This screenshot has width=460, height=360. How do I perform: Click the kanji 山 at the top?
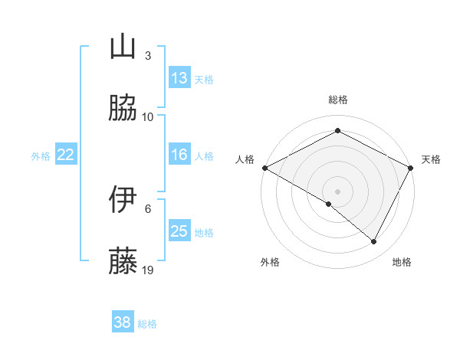click(x=123, y=47)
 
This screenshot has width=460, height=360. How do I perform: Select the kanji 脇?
click(x=123, y=108)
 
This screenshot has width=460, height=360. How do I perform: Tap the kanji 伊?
click(x=123, y=199)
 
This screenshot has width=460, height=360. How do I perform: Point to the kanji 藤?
click(x=123, y=261)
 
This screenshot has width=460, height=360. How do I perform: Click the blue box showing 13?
click(x=179, y=78)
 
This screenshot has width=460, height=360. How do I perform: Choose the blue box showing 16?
click(x=179, y=155)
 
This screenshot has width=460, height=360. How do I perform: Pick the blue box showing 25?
click(x=179, y=231)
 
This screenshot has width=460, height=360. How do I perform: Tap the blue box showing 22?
click(x=66, y=155)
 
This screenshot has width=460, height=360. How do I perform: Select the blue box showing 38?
click(x=123, y=322)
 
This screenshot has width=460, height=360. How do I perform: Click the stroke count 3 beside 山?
click(x=148, y=56)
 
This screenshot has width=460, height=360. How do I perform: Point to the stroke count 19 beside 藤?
click(x=149, y=270)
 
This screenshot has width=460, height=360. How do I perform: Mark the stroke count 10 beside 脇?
click(x=148, y=117)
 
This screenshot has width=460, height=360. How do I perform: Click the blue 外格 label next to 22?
click(x=41, y=155)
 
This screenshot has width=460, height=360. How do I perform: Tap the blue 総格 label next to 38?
click(x=147, y=324)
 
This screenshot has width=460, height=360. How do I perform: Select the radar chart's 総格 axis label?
click(x=337, y=100)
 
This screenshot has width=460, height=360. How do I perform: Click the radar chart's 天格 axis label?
click(x=431, y=159)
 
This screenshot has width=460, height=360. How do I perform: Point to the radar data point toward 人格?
click(x=264, y=167)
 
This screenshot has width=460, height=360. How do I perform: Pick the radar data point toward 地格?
click(x=374, y=241)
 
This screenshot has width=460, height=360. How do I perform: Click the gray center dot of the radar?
click(x=337, y=190)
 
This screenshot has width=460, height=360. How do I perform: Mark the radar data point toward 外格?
click(x=329, y=205)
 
